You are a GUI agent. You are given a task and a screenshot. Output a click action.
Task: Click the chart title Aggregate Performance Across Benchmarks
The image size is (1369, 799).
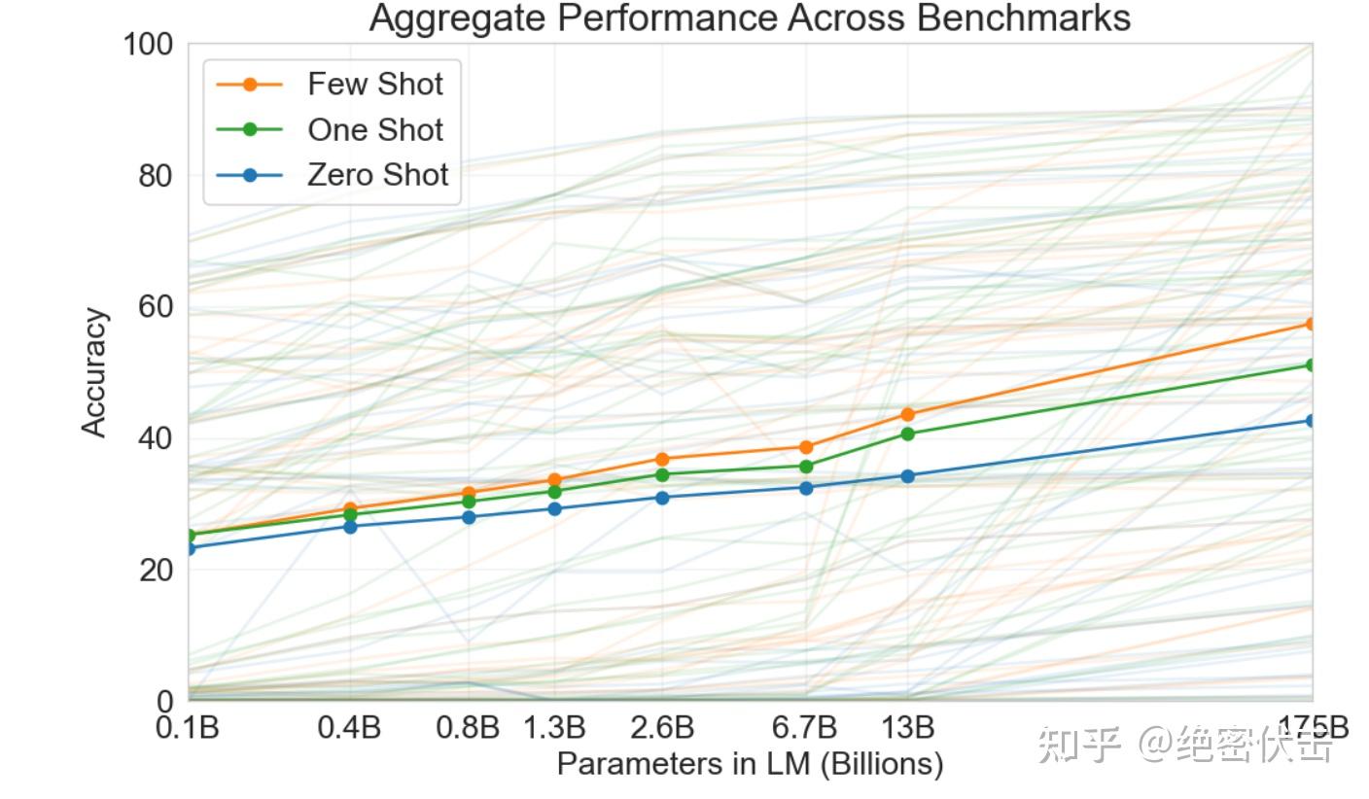coord(749,17)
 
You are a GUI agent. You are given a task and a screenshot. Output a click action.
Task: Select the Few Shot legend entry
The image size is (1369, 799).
coord(374,85)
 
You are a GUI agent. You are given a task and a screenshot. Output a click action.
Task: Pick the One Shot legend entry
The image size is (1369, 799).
coord(374,130)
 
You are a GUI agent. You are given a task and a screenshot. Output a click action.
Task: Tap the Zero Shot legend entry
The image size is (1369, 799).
coord(377,175)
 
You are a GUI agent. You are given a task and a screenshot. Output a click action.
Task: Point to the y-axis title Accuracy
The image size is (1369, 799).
coord(93,372)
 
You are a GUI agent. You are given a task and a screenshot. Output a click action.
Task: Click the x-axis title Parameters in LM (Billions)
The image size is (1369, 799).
coord(749,764)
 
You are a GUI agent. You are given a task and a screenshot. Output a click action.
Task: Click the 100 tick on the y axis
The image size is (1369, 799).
coord(148,45)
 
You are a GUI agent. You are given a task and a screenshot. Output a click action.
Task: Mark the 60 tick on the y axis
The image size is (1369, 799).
coord(154,307)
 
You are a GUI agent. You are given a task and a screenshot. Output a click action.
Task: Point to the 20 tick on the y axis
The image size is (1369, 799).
coord(154,570)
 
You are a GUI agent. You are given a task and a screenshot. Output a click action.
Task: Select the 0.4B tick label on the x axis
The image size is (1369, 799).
coord(349,727)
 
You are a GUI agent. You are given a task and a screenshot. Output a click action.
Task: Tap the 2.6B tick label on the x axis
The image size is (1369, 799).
coord(662,727)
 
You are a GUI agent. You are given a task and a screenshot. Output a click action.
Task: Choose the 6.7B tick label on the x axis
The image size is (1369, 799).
coord(806,727)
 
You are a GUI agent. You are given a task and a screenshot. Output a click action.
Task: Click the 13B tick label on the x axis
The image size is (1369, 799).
coord(908,727)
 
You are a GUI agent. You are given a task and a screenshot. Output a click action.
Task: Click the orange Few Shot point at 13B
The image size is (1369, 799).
coord(908,414)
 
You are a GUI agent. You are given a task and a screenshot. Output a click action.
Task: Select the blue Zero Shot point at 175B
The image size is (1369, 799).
coord(1312,421)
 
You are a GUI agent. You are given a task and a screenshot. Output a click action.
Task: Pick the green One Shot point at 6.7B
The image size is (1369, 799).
coord(806,467)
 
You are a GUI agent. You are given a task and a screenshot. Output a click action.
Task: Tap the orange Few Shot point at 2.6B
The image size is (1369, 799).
coord(662,459)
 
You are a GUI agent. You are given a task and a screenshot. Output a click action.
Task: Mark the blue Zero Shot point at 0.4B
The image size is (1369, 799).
coord(350,527)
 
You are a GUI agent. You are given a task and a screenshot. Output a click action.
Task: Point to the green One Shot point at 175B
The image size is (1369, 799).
coord(1312,365)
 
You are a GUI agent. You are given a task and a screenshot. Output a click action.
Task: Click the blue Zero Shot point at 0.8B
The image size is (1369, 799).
coord(469,517)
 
